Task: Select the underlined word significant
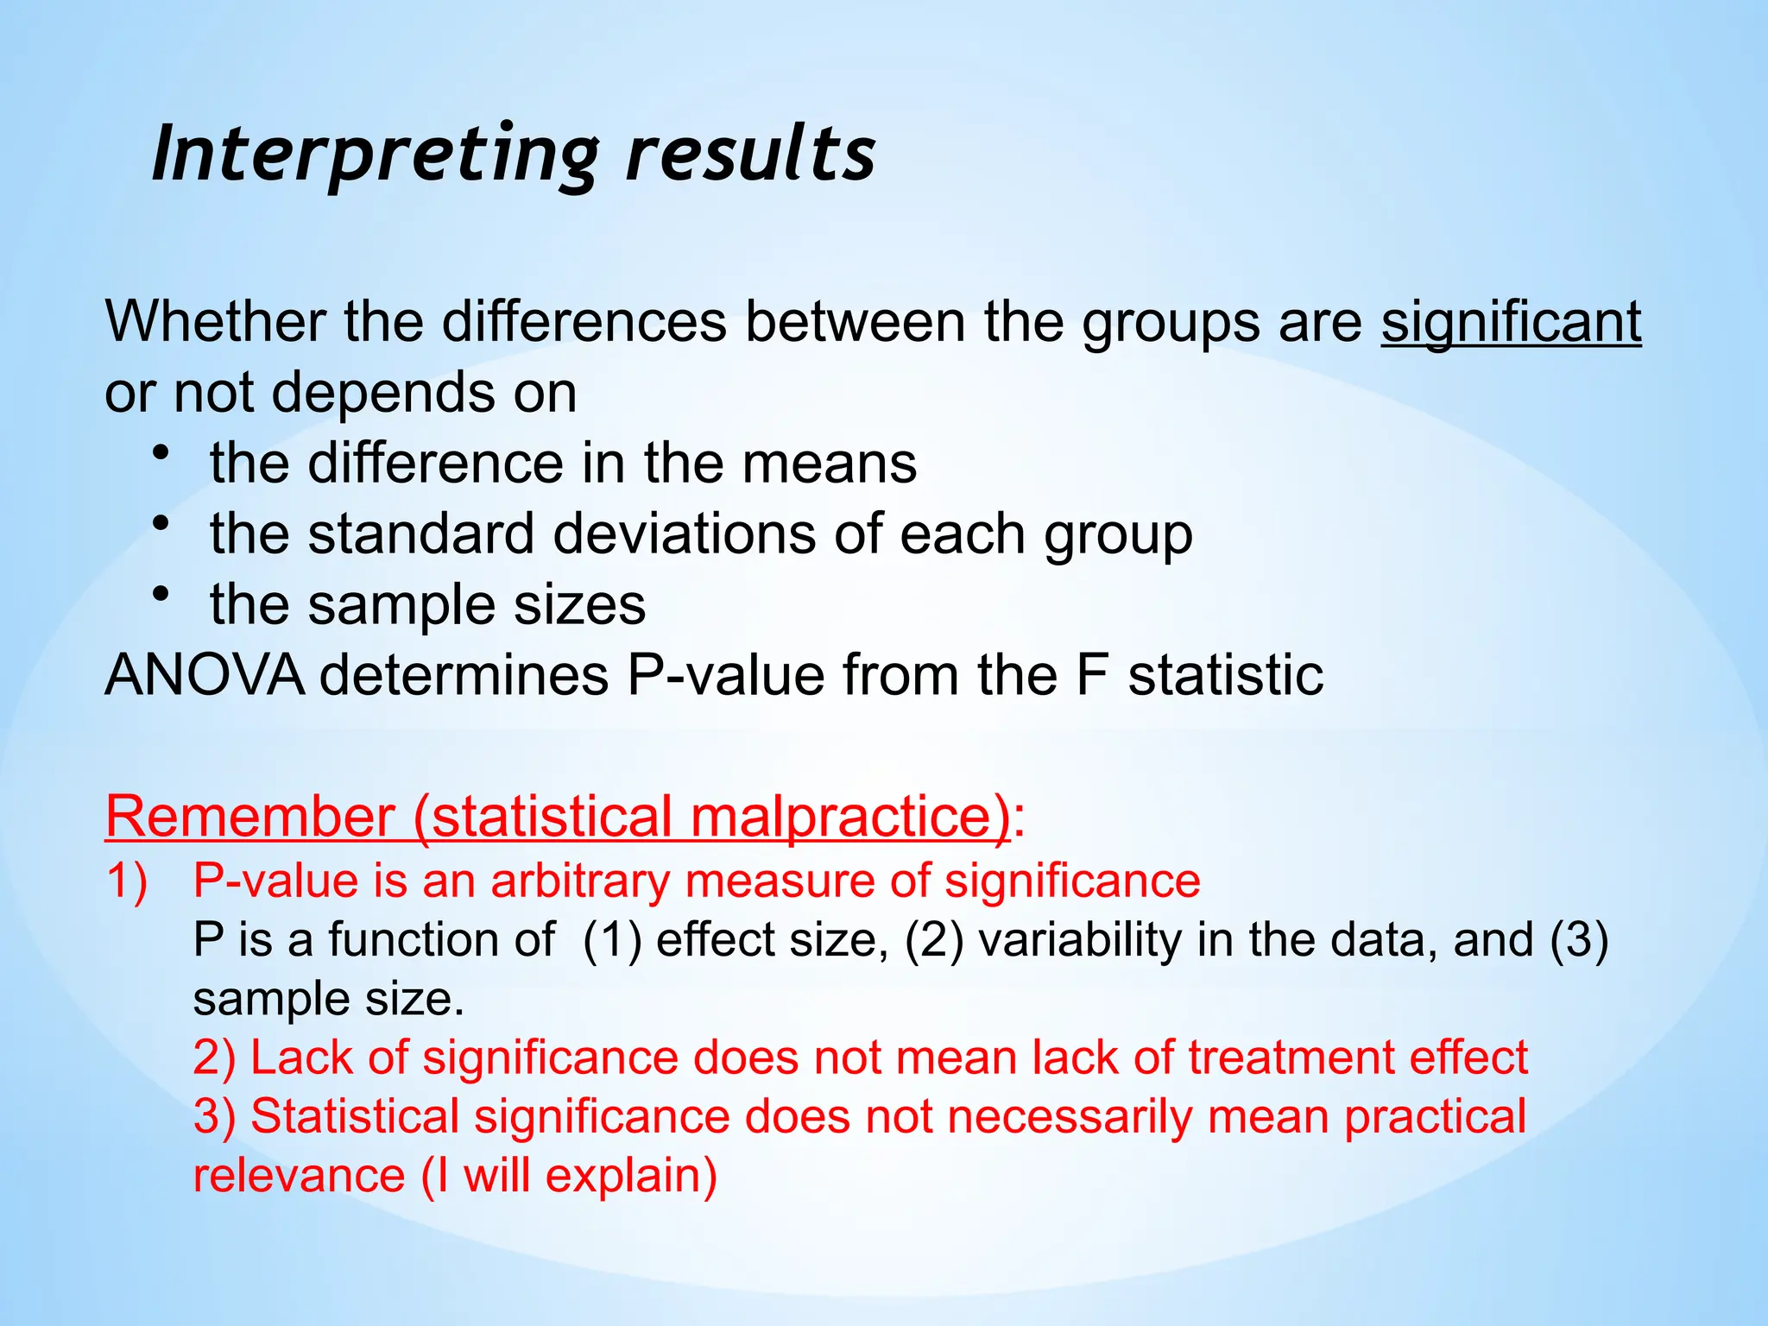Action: tap(1511, 321)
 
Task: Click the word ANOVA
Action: tap(204, 674)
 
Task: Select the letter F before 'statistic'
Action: tap(1092, 674)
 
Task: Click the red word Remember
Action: tap(249, 815)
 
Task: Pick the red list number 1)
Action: tap(127, 881)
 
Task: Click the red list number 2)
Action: tap(213, 1058)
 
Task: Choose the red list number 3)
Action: tap(213, 1116)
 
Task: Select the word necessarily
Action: tap(1070, 1116)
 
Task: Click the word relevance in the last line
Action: tap(298, 1176)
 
